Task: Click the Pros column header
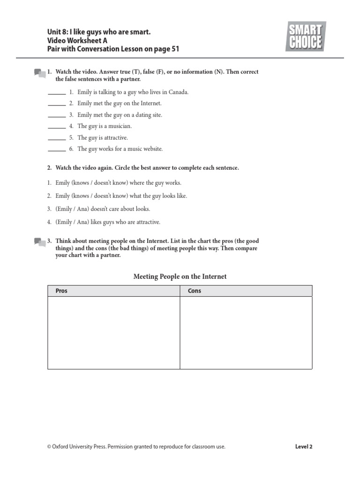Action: pyautogui.click(x=61, y=291)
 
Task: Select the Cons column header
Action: pyautogui.click(x=194, y=291)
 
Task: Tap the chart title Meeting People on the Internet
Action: pyautogui.click(x=180, y=277)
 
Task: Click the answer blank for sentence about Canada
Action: pyautogui.click(x=57, y=93)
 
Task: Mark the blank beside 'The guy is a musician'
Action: pyautogui.click(x=57, y=127)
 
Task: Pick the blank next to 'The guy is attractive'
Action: pyautogui.click(x=57, y=138)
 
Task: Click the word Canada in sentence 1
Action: pyautogui.click(x=178, y=92)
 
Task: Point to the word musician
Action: pyautogui.click(x=120, y=126)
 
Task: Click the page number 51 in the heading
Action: pyautogui.click(x=174, y=49)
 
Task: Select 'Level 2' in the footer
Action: pyautogui.click(x=303, y=447)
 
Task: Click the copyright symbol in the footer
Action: pyautogui.click(x=49, y=447)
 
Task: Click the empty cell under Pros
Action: pyautogui.click(x=114, y=332)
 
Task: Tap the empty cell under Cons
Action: pyautogui.click(x=246, y=332)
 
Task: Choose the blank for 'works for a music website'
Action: pyautogui.click(x=57, y=150)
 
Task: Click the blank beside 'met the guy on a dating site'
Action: pyautogui.click(x=57, y=115)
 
